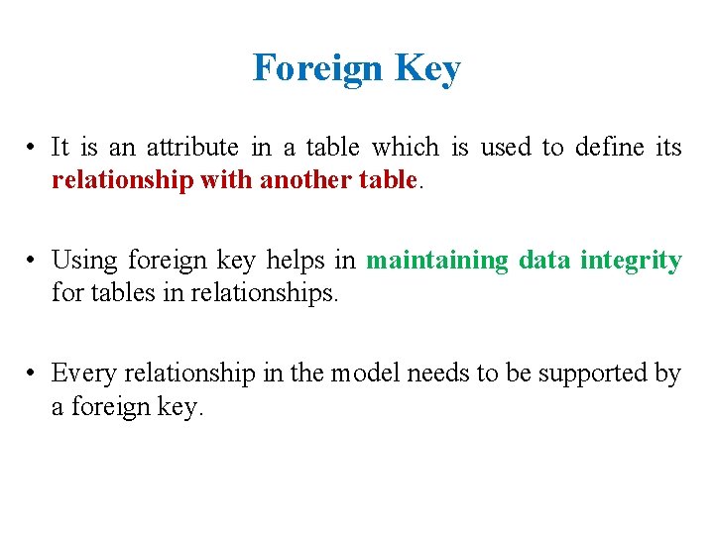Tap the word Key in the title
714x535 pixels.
click(x=427, y=68)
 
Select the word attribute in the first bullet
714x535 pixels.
click(x=192, y=148)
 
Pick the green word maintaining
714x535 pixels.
click(x=437, y=261)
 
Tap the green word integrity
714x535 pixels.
click(x=631, y=261)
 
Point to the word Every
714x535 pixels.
click(x=81, y=374)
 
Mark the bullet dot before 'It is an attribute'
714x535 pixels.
click(x=33, y=149)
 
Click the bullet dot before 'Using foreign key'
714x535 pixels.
click(x=33, y=262)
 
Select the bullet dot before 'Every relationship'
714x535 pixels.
click(x=33, y=374)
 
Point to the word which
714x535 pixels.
click(x=405, y=148)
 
